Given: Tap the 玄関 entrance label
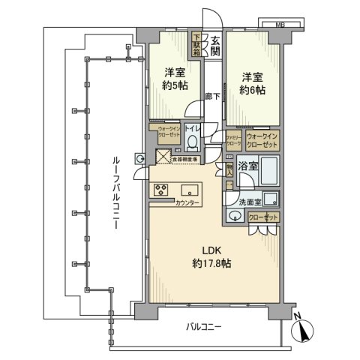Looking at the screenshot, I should tap(215, 47).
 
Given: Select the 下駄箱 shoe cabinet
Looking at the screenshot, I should tap(198, 45).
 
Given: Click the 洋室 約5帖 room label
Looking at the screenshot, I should tap(175, 80).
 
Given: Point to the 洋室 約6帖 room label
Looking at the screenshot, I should tap(253, 83).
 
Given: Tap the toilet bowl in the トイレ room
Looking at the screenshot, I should tap(193, 142).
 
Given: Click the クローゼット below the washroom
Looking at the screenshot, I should tap(262, 217).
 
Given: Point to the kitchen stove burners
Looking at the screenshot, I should tap(161, 190).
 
